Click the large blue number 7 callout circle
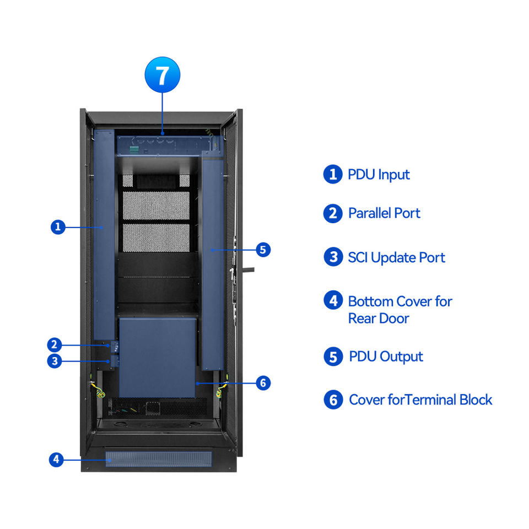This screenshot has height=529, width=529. pyautogui.click(x=162, y=75)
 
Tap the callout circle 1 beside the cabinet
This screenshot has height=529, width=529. pyautogui.click(x=58, y=227)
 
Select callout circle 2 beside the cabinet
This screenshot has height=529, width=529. pyautogui.click(x=54, y=345)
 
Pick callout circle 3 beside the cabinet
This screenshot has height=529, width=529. pyautogui.click(x=54, y=361)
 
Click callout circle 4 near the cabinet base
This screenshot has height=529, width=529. pyautogui.click(x=56, y=459)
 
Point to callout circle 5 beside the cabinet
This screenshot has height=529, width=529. pyautogui.click(x=263, y=250)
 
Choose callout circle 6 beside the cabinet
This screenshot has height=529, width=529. pyautogui.click(x=263, y=382)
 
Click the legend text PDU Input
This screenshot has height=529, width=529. pyautogui.click(x=379, y=175)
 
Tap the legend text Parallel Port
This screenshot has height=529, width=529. pyautogui.click(x=384, y=213)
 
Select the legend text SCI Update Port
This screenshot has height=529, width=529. pyautogui.click(x=396, y=257)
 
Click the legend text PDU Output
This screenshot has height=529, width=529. pyautogui.click(x=386, y=357)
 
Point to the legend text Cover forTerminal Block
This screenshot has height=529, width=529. pyautogui.click(x=420, y=400)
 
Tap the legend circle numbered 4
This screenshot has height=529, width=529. pyautogui.click(x=333, y=301)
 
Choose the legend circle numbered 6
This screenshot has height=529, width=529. pyautogui.click(x=333, y=400)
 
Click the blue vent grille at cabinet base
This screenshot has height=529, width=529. pyautogui.click(x=159, y=458)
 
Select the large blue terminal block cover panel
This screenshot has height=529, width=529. pyautogui.click(x=158, y=357)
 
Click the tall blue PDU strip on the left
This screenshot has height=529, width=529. pyautogui.click(x=104, y=234)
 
